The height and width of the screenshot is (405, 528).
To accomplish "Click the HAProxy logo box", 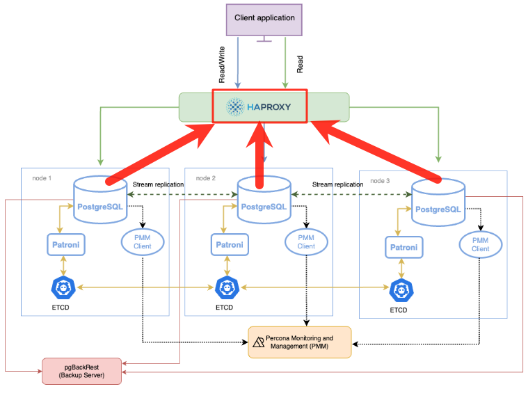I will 259,107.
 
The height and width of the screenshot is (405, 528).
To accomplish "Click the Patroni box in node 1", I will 65,244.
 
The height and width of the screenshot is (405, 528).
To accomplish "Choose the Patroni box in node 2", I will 230,244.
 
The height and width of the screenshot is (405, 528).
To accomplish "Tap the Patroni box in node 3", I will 404,247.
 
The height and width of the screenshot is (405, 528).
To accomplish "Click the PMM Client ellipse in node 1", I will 143,241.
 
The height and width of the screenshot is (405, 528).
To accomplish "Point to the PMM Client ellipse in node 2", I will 306,241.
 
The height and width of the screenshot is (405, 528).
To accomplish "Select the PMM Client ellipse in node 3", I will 480,244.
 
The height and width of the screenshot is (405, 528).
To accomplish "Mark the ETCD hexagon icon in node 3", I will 399,289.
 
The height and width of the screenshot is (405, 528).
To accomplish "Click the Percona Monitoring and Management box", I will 300,342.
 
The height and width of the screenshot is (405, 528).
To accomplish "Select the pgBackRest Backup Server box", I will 81,371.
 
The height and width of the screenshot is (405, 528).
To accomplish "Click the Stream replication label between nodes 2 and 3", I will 337,184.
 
